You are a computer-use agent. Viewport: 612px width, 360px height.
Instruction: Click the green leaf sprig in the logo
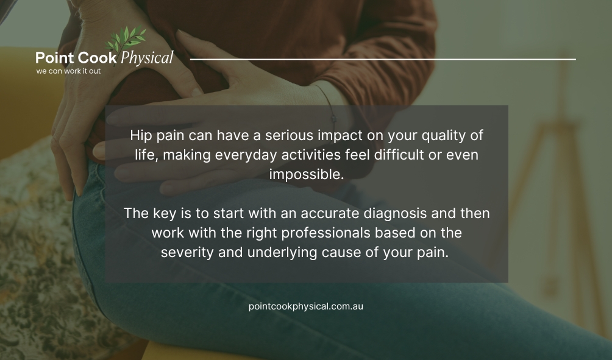click(x=126, y=39)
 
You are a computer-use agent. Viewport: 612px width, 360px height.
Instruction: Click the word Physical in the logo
click(x=147, y=58)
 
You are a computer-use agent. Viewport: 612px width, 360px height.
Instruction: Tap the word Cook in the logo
click(x=98, y=58)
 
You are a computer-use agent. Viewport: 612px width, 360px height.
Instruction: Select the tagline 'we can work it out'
click(x=68, y=71)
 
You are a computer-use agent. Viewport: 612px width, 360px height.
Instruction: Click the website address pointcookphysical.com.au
click(x=306, y=306)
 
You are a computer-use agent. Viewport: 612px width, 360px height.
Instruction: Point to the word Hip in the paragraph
click(x=140, y=135)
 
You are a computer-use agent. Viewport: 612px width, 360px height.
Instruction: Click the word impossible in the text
click(x=307, y=174)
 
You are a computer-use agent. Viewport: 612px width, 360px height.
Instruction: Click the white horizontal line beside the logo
click(x=383, y=59)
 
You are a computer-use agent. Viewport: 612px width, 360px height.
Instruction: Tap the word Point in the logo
click(x=54, y=58)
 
